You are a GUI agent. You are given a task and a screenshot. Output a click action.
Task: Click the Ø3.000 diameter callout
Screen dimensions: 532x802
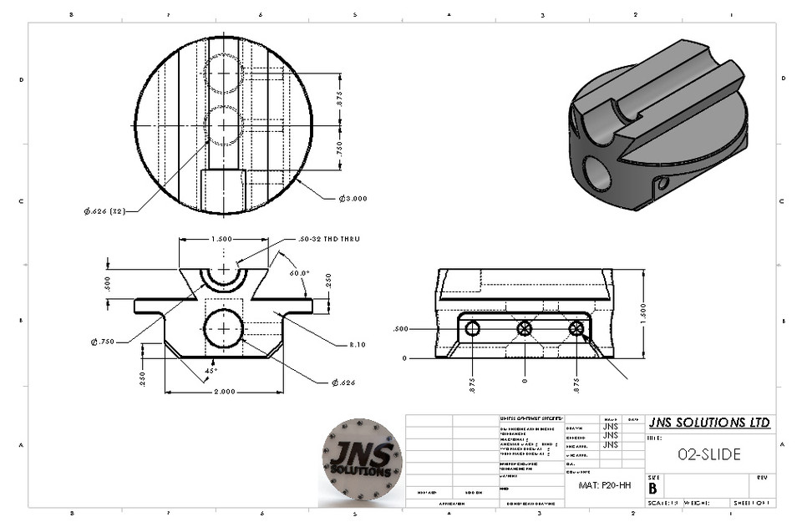point(353,198)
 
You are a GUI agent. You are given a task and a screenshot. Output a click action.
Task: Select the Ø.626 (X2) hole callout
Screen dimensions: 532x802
point(104,210)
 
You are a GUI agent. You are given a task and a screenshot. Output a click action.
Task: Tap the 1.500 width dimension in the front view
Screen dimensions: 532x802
point(223,238)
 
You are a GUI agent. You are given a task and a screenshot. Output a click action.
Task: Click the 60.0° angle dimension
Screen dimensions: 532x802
point(298,272)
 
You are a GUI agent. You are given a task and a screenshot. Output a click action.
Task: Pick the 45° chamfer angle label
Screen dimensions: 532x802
point(211,370)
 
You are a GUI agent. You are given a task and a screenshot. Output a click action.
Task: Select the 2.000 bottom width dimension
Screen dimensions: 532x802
point(223,391)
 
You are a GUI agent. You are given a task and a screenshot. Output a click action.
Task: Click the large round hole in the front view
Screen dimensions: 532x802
point(223,327)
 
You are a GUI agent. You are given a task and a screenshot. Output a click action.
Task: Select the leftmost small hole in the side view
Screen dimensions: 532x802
point(473,328)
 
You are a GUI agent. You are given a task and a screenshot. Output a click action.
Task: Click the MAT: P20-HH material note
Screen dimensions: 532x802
point(605,484)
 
